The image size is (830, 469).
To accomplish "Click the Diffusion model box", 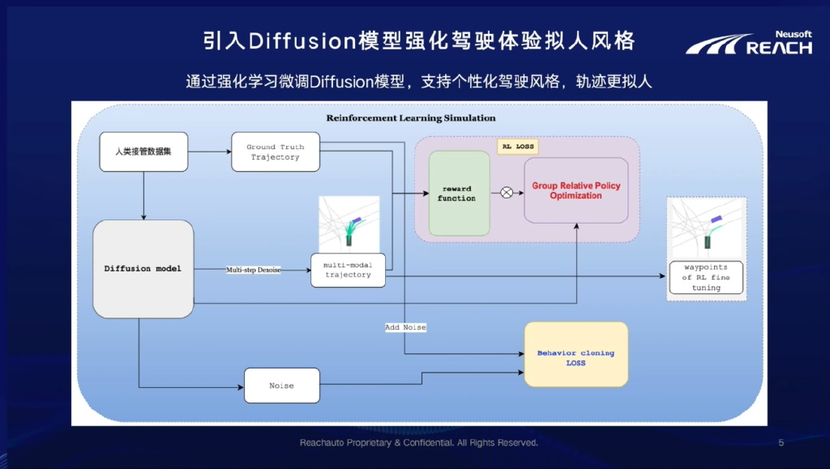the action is pyautogui.click(x=143, y=269).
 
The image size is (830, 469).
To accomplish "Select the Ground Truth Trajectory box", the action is pyautogui.click(x=276, y=151).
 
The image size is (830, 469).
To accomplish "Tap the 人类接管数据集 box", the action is pyautogui.click(x=143, y=151).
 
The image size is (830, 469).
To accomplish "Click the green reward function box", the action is pyautogui.click(x=459, y=193).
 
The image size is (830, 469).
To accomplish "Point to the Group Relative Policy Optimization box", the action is pyautogui.click(x=576, y=190).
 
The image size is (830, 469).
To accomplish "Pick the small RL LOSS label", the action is pyautogui.click(x=518, y=147).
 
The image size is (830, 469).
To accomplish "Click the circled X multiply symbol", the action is pyautogui.click(x=507, y=193).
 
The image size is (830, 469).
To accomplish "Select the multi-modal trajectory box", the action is pyautogui.click(x=348, y=271).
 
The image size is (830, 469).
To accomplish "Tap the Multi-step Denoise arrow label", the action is pyautogui.click(x=254, y=270).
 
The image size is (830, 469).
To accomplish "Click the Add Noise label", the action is pyautogui.click(x=405, y=327).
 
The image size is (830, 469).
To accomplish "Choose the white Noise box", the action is pyautogui.click(x=281, y=386).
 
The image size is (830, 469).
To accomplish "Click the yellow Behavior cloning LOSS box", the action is pyautogui.click(x=576, y=354).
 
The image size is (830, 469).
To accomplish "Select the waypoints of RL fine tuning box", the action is pyautogui.click(x=706, y=278).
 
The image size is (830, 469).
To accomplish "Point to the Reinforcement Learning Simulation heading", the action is pyautogui.click(x=411, y=118).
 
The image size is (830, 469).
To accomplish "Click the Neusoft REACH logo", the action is pyautogui.click(x=749, y=43).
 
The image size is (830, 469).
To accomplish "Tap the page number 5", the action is pyautogui.click(x=781, y=442).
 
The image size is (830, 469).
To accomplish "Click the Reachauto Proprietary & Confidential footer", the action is pyautogui.click(x=419, y=442).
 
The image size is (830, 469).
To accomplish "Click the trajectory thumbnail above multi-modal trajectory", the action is pyautogui.click(x=349, y=224).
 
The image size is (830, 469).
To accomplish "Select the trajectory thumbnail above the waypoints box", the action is pyautogui.click(x=707, y=228).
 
